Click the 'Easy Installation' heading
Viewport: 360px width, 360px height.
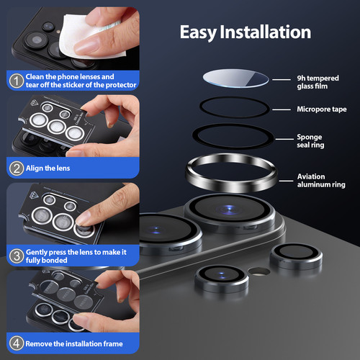coord(246,32)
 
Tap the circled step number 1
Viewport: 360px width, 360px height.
coord(17,81)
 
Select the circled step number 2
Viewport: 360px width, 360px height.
coord(17,168)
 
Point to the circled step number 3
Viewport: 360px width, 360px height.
coord(17,256)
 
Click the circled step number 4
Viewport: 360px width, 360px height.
coord(17,343)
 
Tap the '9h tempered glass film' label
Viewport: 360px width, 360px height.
coord(318,82)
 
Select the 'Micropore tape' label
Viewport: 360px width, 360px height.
coord(322,109)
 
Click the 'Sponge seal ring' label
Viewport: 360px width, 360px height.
coord(310,141)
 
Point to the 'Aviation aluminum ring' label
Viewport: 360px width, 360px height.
coord(321,181)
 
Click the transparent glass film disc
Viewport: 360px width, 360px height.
coord(235,78)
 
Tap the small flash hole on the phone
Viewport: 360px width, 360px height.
coord(258,271)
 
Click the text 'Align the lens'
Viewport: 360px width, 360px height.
coord(48,168)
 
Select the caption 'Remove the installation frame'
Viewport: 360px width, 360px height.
coord(74,343)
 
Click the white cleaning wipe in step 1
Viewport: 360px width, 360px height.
coord(89,36)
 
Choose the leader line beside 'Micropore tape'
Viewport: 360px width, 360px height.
coord(282,109)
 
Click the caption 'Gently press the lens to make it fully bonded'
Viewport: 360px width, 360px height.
coord(76,256)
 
